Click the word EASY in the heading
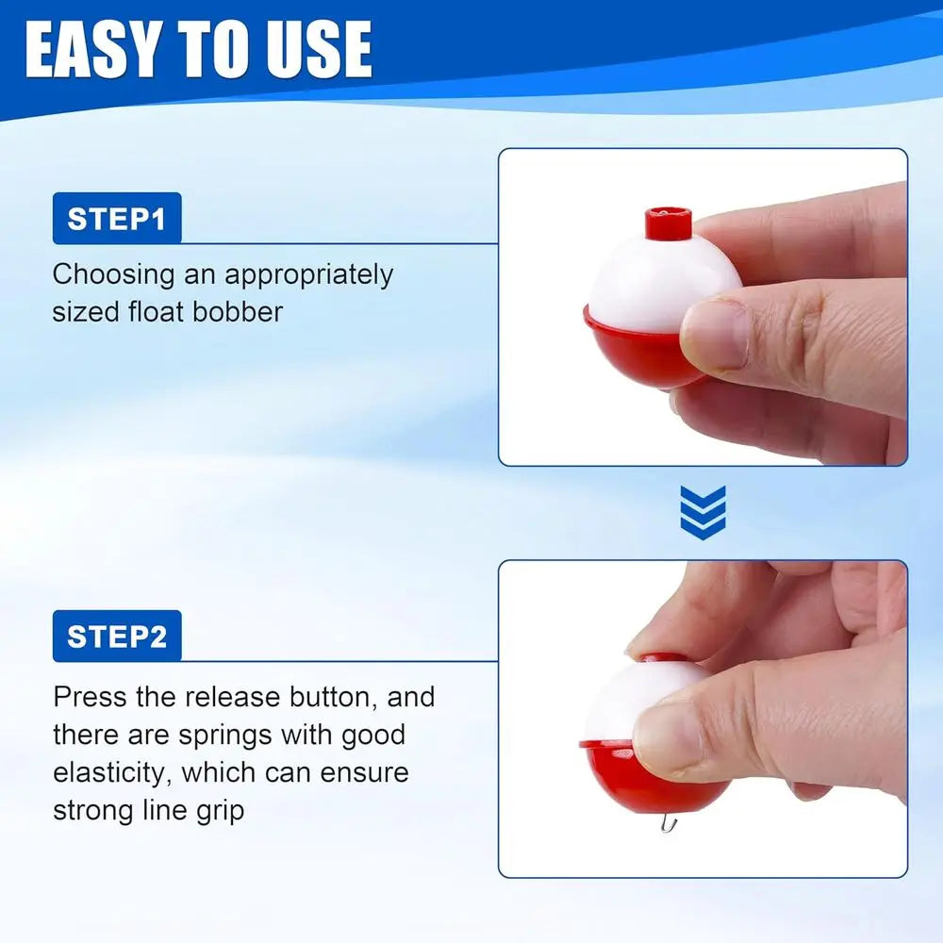(x=93, y=50)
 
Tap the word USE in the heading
(x=320, y=50)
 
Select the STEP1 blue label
(x=117, y=219)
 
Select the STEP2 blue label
(x=117, y=636)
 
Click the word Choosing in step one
(x=114, y=275)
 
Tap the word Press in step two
(x=90, y=697)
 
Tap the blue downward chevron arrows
(x=703, y=512)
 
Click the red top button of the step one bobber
(x=669, y=223)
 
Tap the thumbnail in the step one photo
(x=715, y=335)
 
